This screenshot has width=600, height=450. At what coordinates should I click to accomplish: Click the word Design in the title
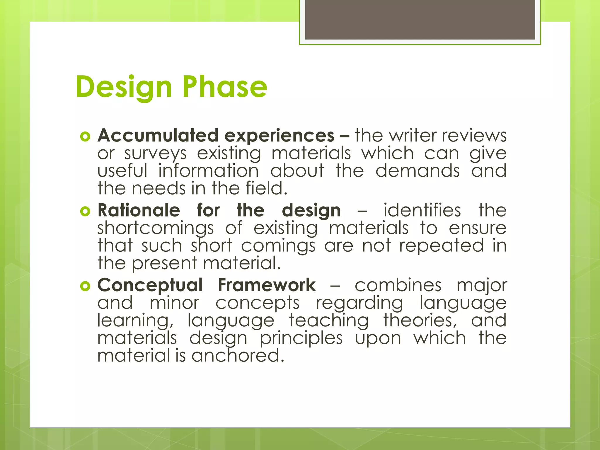[x=124, y=87]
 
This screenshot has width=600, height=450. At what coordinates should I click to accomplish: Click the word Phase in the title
[x=225, y=87]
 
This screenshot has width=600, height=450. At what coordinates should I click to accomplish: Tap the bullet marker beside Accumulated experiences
[x=85, y=137]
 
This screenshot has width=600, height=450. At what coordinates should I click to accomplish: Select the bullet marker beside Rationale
[x=85, y=211]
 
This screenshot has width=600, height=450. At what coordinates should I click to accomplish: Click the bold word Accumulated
[x=158, y=136]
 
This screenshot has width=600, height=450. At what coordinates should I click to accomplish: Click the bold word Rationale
[x=139, y=210]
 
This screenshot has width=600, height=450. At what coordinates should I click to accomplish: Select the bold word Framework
[x=267, y=285]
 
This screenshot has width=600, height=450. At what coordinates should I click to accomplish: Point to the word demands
[x=417, y=171]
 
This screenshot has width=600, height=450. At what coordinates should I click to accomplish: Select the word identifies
[x=422, y=210]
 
